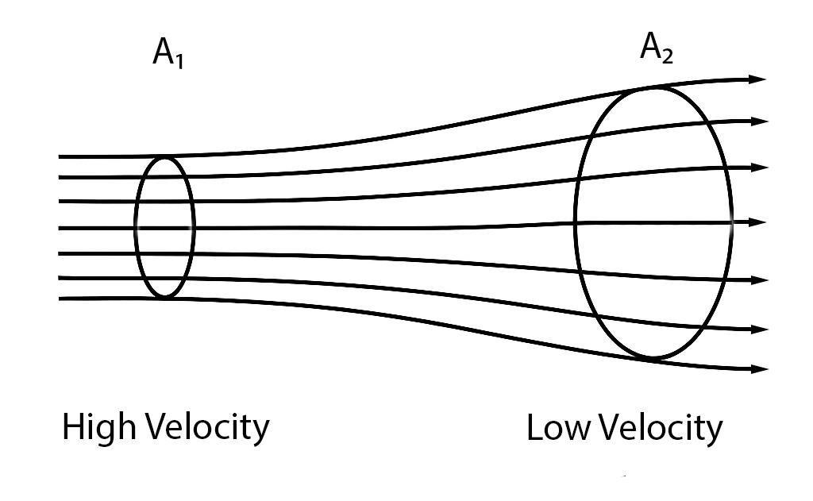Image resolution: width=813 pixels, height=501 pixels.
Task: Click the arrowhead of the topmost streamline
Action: point(758,79)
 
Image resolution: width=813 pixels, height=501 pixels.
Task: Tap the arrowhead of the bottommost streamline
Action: point(760,369)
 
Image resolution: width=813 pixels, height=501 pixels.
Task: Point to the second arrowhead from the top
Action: point(760,121)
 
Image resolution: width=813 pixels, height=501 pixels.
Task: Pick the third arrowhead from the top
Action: point(760,168)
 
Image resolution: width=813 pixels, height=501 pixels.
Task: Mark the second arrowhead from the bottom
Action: point(760,329)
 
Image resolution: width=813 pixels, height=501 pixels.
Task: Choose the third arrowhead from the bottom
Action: point(760,280)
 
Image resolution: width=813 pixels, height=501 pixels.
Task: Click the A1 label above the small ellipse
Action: point(168,54)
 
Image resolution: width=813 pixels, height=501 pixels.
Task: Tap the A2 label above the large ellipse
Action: point(657,48)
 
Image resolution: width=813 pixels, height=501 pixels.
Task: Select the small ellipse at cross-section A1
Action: point(136,227)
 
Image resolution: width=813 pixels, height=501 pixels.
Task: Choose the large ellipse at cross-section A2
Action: point(576,223)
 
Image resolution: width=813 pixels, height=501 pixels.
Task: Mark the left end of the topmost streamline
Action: point(61,156)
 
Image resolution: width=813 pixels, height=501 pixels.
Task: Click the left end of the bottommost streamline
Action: point(61,299)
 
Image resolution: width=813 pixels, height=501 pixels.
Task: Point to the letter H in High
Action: point(72,429)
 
